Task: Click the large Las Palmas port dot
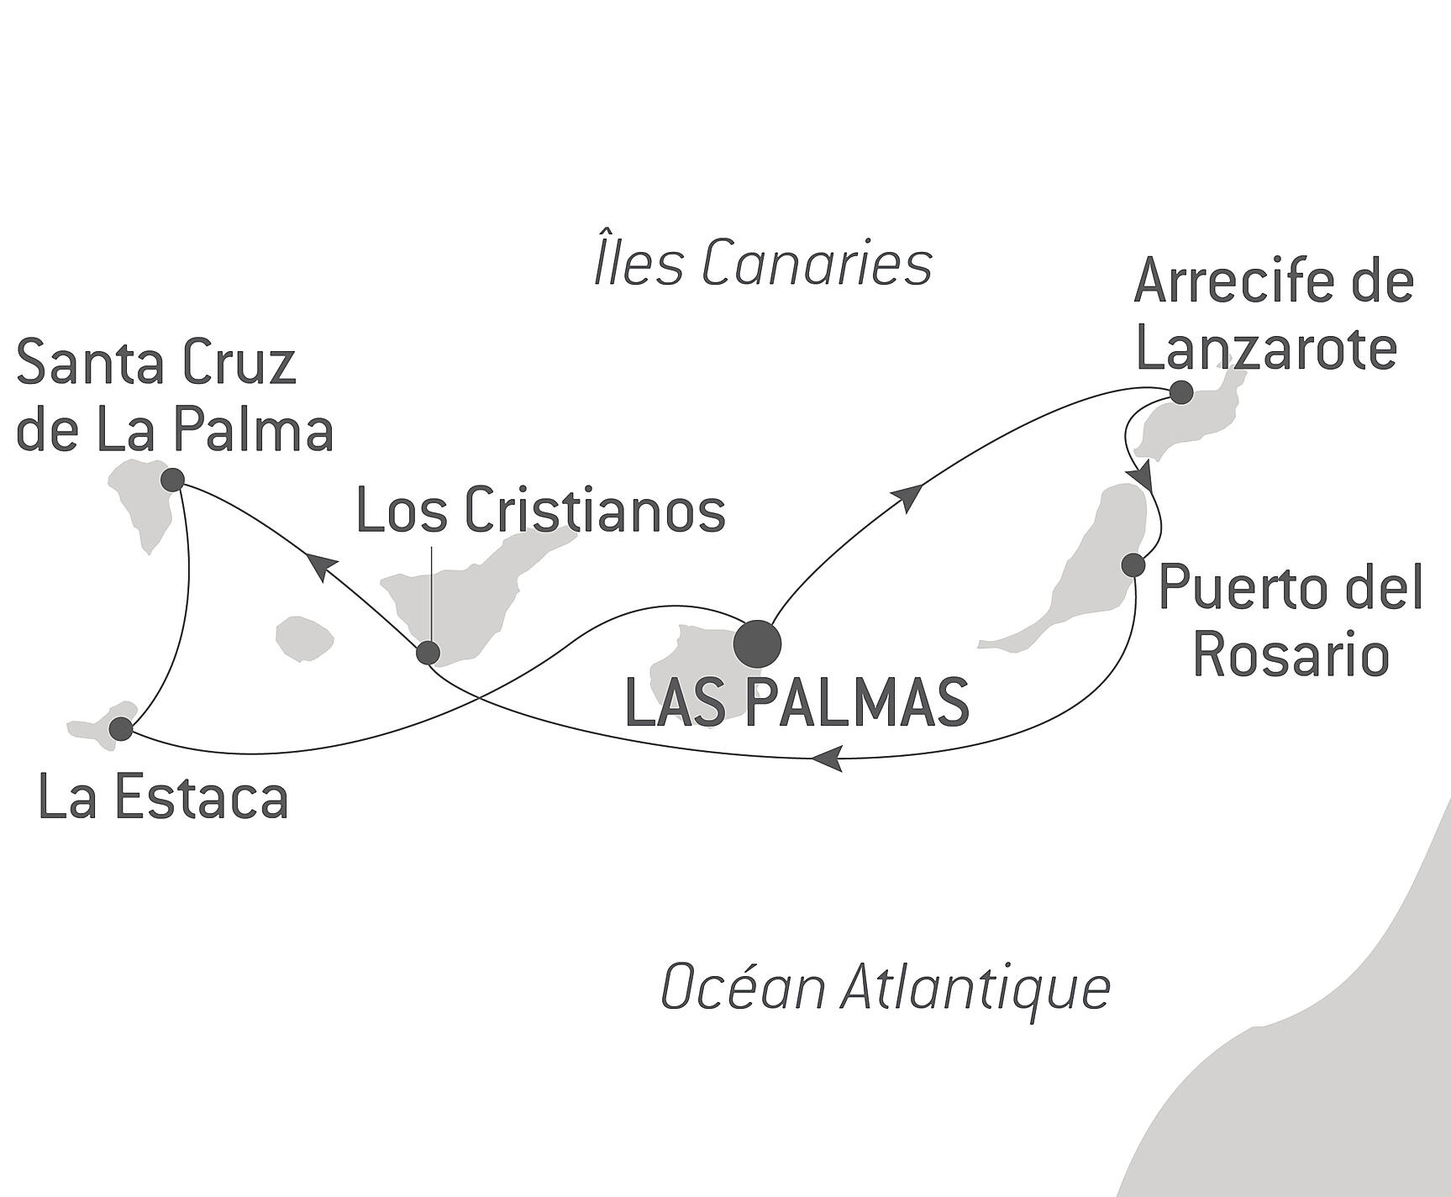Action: pos(757,644)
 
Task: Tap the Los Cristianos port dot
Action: pos(428,653)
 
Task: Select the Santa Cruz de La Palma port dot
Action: pos(172,480)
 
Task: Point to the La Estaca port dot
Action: pos(122,728)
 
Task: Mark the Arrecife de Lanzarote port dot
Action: pos(1181,392)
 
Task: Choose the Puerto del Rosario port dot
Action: pos(1133,565)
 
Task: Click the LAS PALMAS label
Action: pos(797,703)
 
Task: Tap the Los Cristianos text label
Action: pos(541,512)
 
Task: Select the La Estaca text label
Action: pos(164,797)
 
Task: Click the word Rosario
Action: pos(1291,654)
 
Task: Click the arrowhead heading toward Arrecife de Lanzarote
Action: pos(910,497)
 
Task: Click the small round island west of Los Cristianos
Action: pos(305,638)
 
